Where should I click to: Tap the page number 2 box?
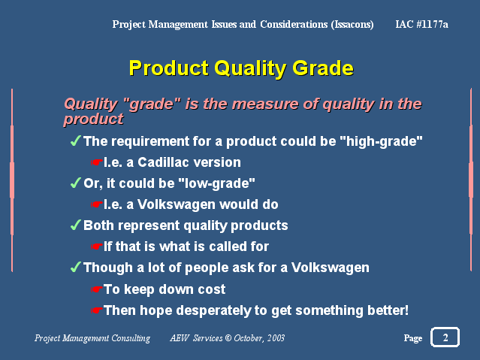(445, 337)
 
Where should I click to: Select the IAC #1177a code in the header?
(421, 24)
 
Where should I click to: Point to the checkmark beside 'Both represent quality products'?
(76, 225)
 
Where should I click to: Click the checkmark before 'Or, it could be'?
(76, 183)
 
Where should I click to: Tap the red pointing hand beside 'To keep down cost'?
(96, 289)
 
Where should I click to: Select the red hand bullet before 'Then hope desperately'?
(96, 310)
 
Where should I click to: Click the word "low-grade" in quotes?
(216, 183)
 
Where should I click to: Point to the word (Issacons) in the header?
(352, 24)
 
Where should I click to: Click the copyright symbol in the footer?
(228, 338)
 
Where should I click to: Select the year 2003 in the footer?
(276, 338)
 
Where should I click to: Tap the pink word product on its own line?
(93, 119)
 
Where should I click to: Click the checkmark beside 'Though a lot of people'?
(76, 267)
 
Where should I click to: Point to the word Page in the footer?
(413, 338)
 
